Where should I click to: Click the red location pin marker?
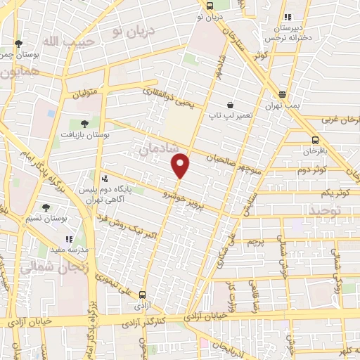[x=181, y=165]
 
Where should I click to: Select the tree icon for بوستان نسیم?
[x=47, y=208]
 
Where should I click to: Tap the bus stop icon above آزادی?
[x=143, y=295]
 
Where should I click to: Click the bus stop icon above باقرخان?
[x=314, y=139]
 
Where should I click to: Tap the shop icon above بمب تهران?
[x=282, y=94]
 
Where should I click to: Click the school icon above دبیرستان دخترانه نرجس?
[x=286, y=18]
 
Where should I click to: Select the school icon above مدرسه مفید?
[x=69, y=240]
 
